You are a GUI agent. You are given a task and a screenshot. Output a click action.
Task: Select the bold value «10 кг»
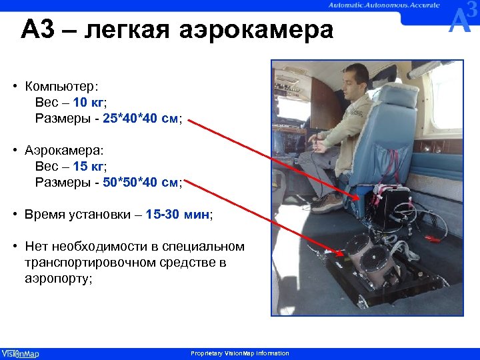pyautogui.click(x=88, y=102)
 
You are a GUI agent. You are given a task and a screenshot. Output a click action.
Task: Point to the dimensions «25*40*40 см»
pyautogui.click(x=140, y=119)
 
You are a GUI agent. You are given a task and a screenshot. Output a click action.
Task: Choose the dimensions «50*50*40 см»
pyautogui.click(x=140, y=182)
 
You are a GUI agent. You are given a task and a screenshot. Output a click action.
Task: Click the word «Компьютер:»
pyautogui.click(x=61, y=86)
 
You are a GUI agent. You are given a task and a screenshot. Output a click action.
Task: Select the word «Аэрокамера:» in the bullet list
pyautogui.click(x=64, y=150)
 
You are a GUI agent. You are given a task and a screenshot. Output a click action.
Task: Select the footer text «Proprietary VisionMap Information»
pyautogui.click(x=240, y=353)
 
